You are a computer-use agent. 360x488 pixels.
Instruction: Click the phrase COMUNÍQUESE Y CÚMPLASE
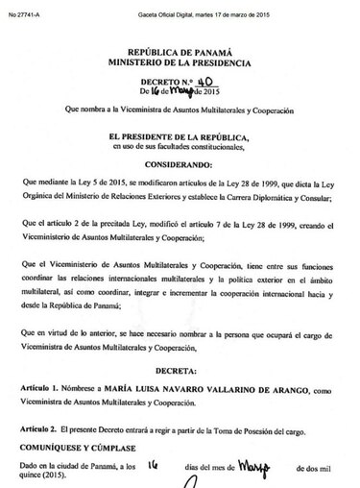click(78, 446)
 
